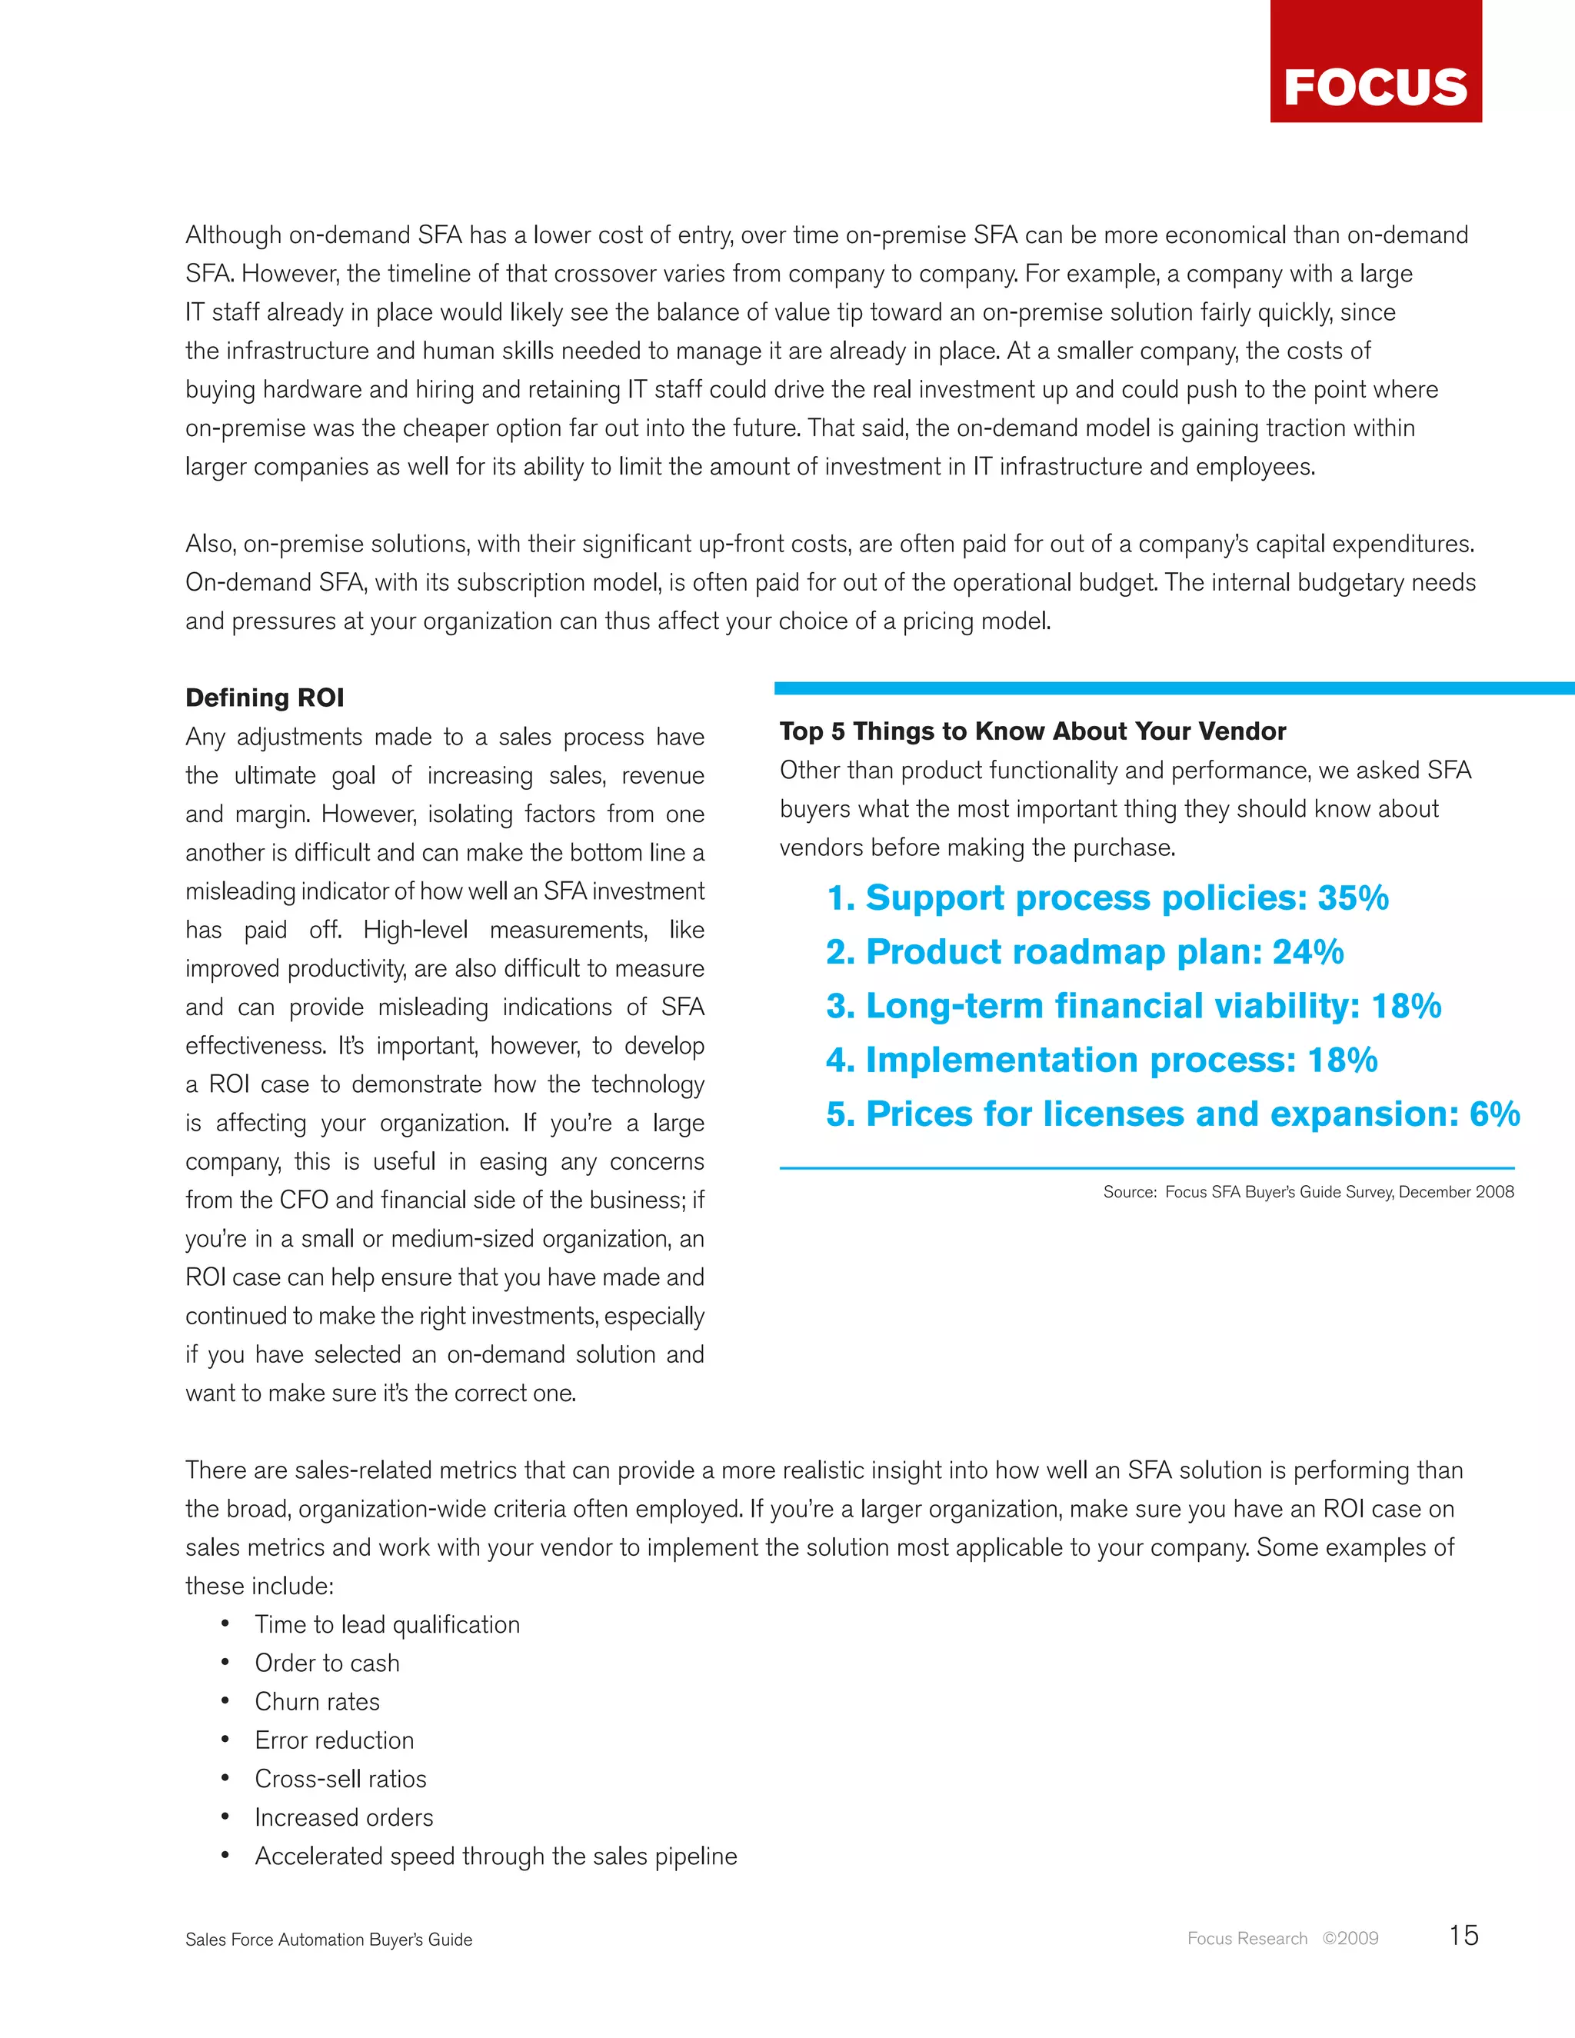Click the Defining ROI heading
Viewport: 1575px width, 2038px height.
(264, 698)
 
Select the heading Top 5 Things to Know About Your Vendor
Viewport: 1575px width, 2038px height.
(1032, 731)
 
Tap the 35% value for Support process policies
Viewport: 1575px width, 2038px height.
(1353, 897)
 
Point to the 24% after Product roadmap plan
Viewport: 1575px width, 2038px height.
(1308, 952)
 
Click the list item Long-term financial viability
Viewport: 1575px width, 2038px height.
(1133, 1006)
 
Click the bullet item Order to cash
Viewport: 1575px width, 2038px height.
(327, 1663)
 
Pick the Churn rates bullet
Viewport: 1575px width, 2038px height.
(318, 1702)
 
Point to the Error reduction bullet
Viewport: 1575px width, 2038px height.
(334, 1740)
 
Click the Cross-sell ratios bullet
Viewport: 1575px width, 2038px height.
(341, 1779)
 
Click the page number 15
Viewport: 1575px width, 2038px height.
(1463, 1936)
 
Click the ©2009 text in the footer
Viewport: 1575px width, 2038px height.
(1350, 1939)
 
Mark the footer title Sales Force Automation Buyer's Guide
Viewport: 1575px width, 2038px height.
(328, 1940)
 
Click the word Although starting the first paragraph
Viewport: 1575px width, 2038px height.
(233, 235)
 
